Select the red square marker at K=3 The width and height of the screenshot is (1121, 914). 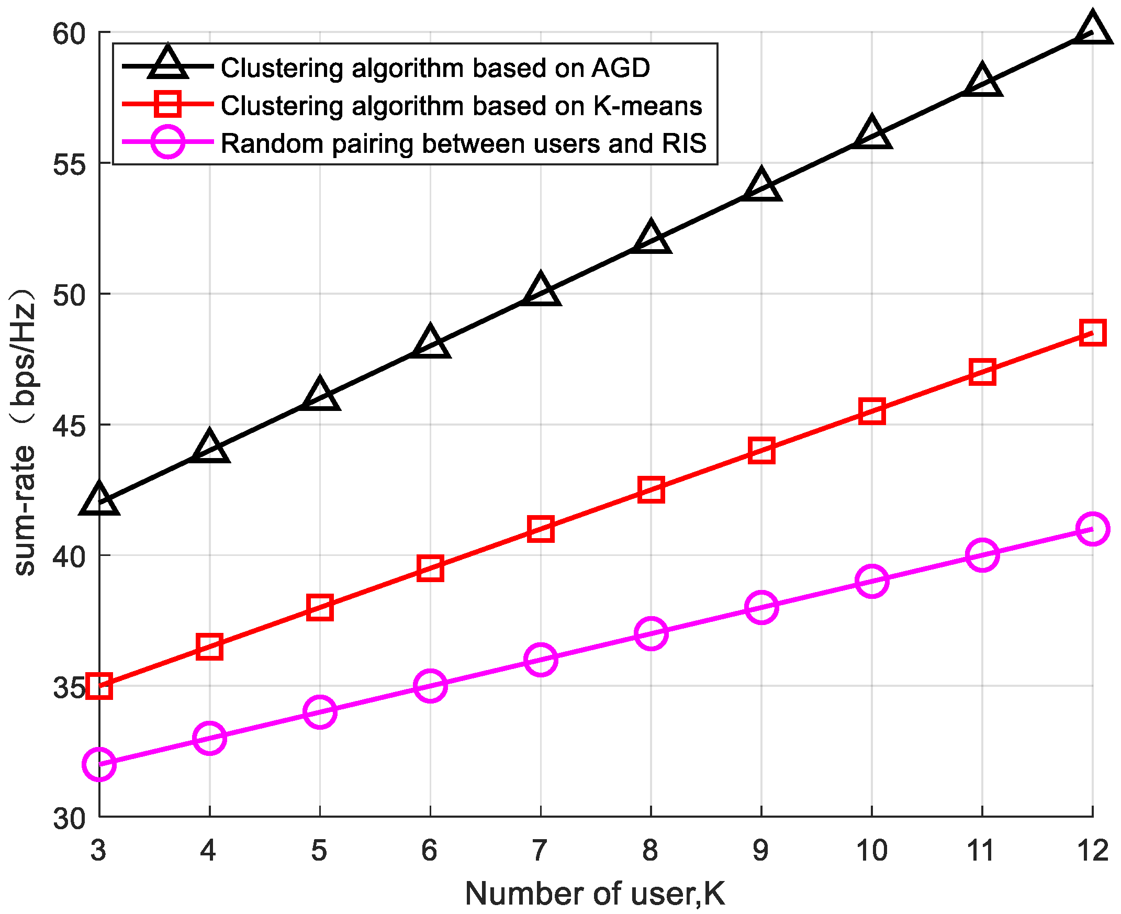[99, 686]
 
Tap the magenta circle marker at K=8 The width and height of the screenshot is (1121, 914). [651, 633]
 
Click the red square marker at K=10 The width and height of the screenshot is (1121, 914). [871, 411]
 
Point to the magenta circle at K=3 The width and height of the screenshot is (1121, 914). [99, 764]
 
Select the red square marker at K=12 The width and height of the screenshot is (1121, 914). [1092, 332]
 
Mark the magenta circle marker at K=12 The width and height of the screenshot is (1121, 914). [1092, 529]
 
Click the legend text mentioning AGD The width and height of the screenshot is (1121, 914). [435, 68]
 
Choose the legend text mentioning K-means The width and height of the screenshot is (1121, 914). [461, 106]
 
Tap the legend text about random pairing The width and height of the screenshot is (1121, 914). [463, 143]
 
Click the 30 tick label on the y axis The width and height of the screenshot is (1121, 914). [69, 819]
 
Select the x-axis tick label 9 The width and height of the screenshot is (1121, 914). [761, 850]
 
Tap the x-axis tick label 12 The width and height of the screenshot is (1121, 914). [1092, 850]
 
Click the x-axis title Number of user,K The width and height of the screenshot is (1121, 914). [595, 894]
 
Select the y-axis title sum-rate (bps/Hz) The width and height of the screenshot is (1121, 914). [24, 432]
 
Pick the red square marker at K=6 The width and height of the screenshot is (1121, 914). [430, 567]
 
